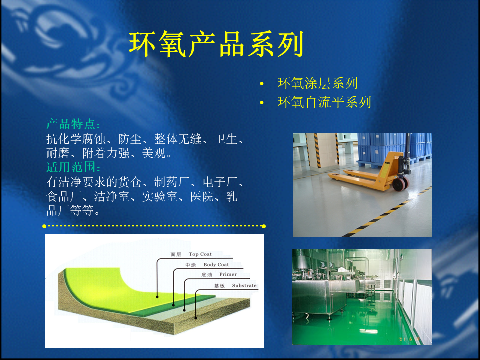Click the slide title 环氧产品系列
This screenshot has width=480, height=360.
tap(216, 44)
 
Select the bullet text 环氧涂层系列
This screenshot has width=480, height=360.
tap(318, 83)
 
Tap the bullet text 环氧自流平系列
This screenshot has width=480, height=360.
tap(324, 102)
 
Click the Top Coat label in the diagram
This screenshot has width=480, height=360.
tap(200, 254)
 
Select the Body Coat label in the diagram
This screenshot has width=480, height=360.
tap(216, 265)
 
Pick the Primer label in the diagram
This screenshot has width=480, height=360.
tap(228, 274)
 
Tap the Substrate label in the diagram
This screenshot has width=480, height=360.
tap(244, 285)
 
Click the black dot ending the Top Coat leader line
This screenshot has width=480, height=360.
tap(157, 297)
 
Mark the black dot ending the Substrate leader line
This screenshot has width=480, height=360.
tap(196, 318)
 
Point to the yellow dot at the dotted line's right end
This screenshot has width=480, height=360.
tap(264, 226)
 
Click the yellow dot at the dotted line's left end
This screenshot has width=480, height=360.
tap(44, 226)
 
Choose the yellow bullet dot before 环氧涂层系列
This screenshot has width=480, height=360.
tap(261, 84)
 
